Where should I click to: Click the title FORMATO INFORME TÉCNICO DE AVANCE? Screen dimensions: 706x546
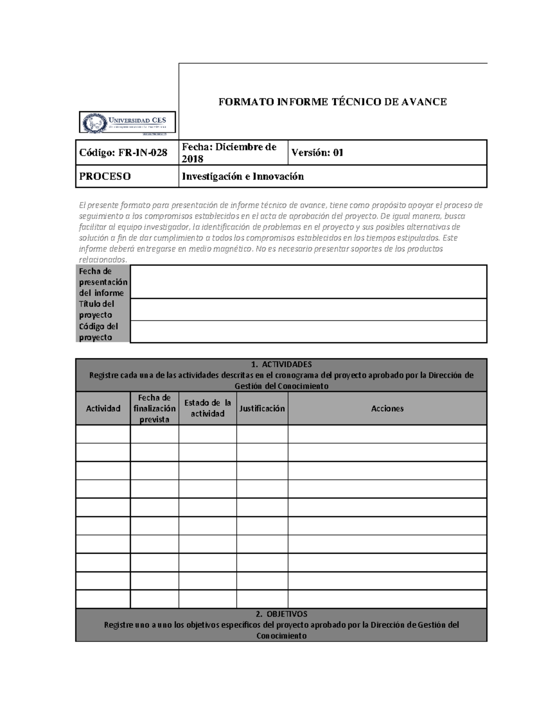coord(333,102)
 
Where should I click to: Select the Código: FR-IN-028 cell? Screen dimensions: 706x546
coord(123,153)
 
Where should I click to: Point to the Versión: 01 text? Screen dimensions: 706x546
coord(317,153)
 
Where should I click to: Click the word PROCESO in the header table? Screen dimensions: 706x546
coord(105,176)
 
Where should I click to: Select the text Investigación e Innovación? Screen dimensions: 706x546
coord(243,176)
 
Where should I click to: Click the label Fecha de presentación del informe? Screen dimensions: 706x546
coord(103,282)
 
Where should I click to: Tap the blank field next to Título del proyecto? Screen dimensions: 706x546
coord(308,310)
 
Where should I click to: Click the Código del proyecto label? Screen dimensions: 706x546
coord(98,332)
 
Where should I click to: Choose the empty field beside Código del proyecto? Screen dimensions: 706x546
coord(308,332)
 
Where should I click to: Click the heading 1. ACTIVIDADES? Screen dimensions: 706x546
coord(281,364)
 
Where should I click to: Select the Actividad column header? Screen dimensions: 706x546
coord(103,408)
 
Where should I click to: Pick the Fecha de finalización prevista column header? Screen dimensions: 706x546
coord(155,408)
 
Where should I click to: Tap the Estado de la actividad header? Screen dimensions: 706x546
coord(207,408)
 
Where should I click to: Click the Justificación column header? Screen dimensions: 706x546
coord(262,408)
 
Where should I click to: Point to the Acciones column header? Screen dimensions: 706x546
coord(387,408)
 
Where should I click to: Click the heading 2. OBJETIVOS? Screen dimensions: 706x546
coord(281,614)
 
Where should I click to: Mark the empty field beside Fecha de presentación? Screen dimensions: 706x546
coord(308,282)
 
